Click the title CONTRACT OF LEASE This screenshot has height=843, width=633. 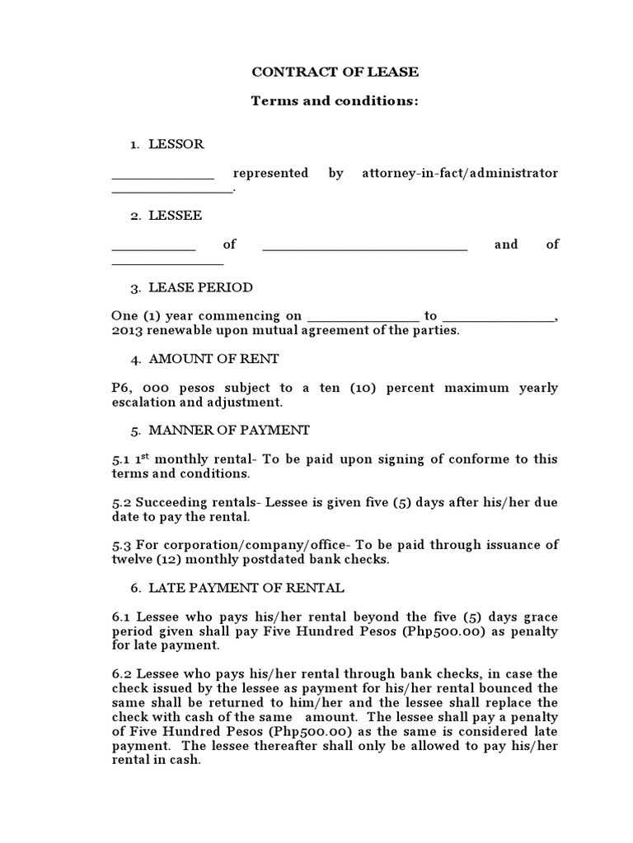pyautogui.click(x=335, y=72)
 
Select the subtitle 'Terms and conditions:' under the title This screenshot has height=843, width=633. pyautogui.click(x=335, y=100)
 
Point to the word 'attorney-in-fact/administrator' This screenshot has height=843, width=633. pyautogui.click(x=460, y=174)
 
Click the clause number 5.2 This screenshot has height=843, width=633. pyautogui.click(x=121, y=502)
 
